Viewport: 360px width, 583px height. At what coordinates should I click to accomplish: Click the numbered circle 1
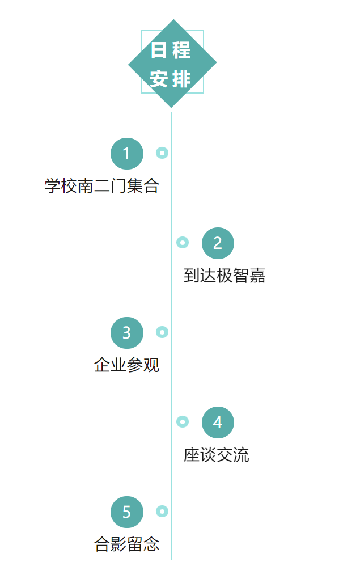(x=126, y=154)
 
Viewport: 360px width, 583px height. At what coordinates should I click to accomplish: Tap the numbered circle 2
(x=218, y=243)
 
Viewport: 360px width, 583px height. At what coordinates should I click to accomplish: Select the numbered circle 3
(x=126, y=333)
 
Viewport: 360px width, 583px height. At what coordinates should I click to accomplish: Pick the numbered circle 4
(x=218, y=423)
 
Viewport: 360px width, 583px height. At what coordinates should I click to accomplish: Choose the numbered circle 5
(x=126, y=512)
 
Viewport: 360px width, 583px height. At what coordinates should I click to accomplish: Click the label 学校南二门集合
(x=101, y=186)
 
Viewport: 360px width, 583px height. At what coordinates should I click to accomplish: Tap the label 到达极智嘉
(x=225, y=276)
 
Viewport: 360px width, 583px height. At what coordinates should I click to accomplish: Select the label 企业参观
(x=126, y=365)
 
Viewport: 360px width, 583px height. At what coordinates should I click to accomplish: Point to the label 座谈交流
(x=216, y=455)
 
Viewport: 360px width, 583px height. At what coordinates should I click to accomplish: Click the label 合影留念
(x=126, y=544)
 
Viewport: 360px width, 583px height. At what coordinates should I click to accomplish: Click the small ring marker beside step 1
(x=162, y=153)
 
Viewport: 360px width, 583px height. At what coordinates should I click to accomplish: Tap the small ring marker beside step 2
(x=183, y=243)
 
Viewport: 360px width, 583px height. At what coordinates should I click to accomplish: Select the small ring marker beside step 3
(x=162, y=332)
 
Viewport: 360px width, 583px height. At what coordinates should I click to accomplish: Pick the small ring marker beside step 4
(x=183, y=421)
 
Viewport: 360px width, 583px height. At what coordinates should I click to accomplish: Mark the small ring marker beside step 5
(x=162, y=511)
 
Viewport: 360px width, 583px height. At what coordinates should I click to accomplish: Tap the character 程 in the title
(x=181, y=50)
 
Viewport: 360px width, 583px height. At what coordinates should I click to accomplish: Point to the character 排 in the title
(x=181, y=79)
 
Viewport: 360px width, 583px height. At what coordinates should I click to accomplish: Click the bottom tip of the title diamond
(x=172, y=107)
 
